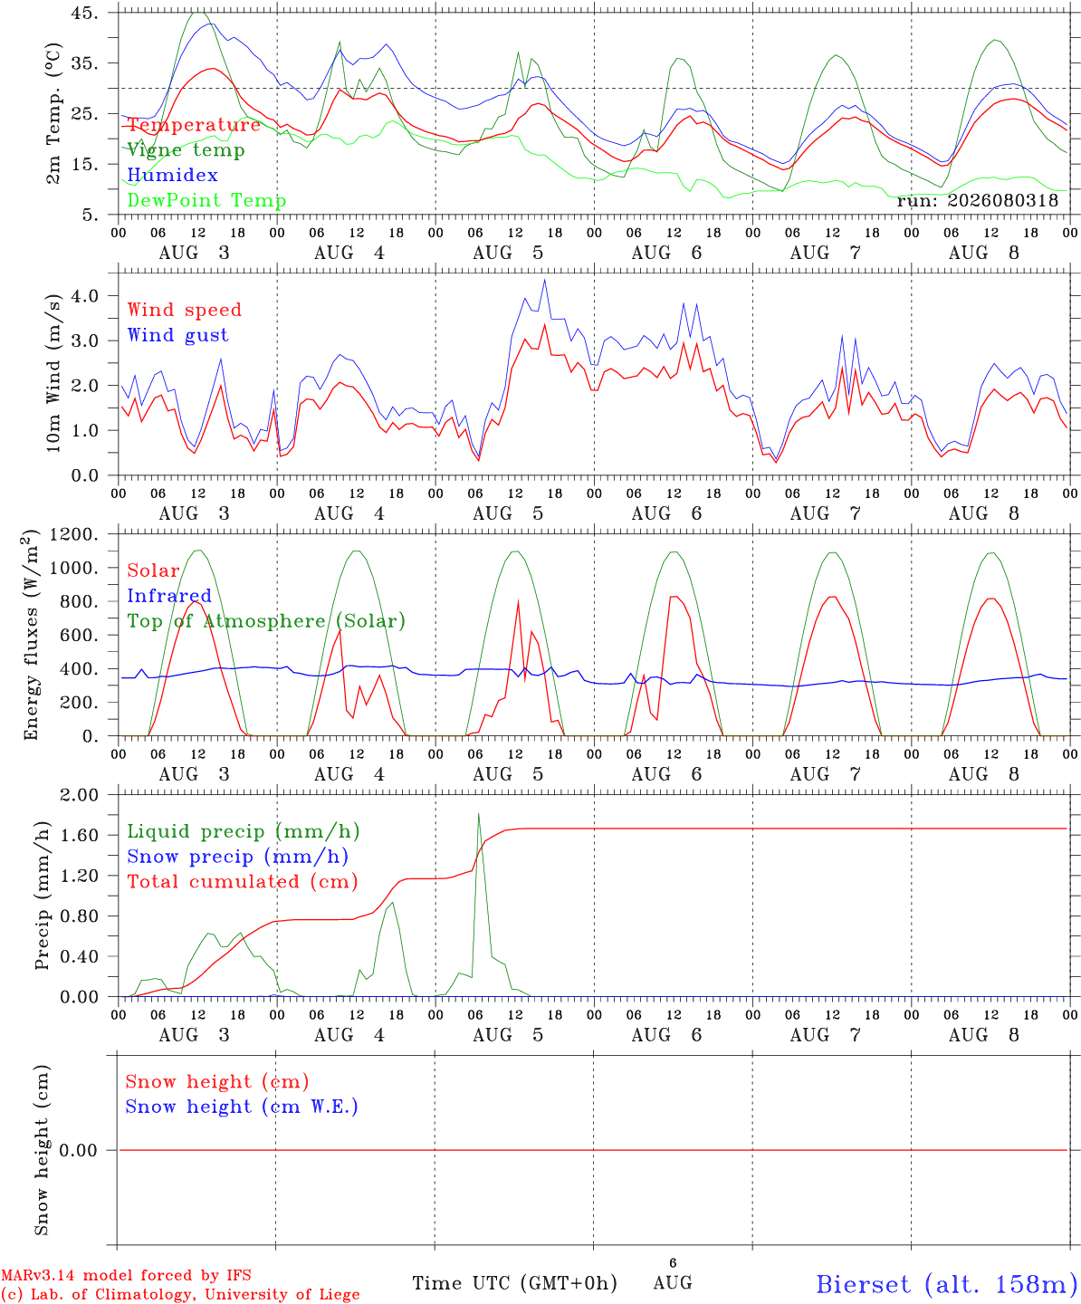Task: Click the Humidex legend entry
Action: coord(172,175)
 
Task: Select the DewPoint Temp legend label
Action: coord(206,200)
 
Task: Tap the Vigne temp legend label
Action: coord(187,150)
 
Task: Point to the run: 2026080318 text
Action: coord(977,200)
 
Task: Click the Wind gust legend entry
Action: coord(178,335)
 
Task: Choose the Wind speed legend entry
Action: coord(184,310)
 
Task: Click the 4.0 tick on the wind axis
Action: coord(85,295)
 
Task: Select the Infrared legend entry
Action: coord(169,595)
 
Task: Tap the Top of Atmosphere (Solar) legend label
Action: coord(267,621)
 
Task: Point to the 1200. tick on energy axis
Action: coord(74,534)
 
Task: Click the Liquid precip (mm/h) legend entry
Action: coord(244,831)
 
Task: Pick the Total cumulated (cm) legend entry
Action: coord(243,881)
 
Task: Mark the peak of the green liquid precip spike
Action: coord(478,814)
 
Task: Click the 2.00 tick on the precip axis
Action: coord(80,795)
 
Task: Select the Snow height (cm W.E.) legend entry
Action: coord(242,1107)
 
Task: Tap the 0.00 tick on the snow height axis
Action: coord(79,1150)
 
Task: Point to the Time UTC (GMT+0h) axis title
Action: coord(514,1283)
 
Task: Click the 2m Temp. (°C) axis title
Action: coord(53,114)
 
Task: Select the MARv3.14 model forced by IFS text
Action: coord(126,1275)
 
